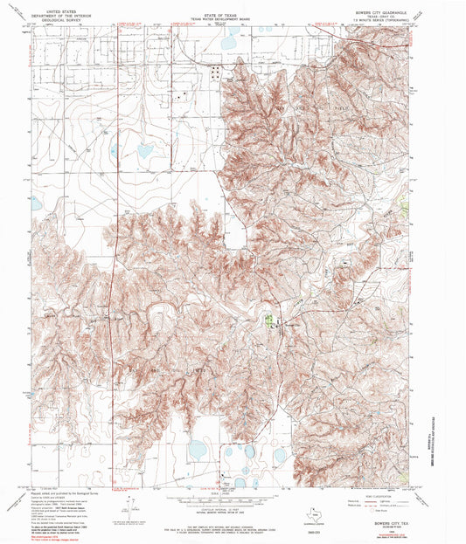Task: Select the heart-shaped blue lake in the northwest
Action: tap(143, 151)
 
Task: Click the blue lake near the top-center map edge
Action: tap(229, 41)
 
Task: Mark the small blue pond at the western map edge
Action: tap(35, 203)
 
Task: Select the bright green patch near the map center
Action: tap(268, 320)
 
